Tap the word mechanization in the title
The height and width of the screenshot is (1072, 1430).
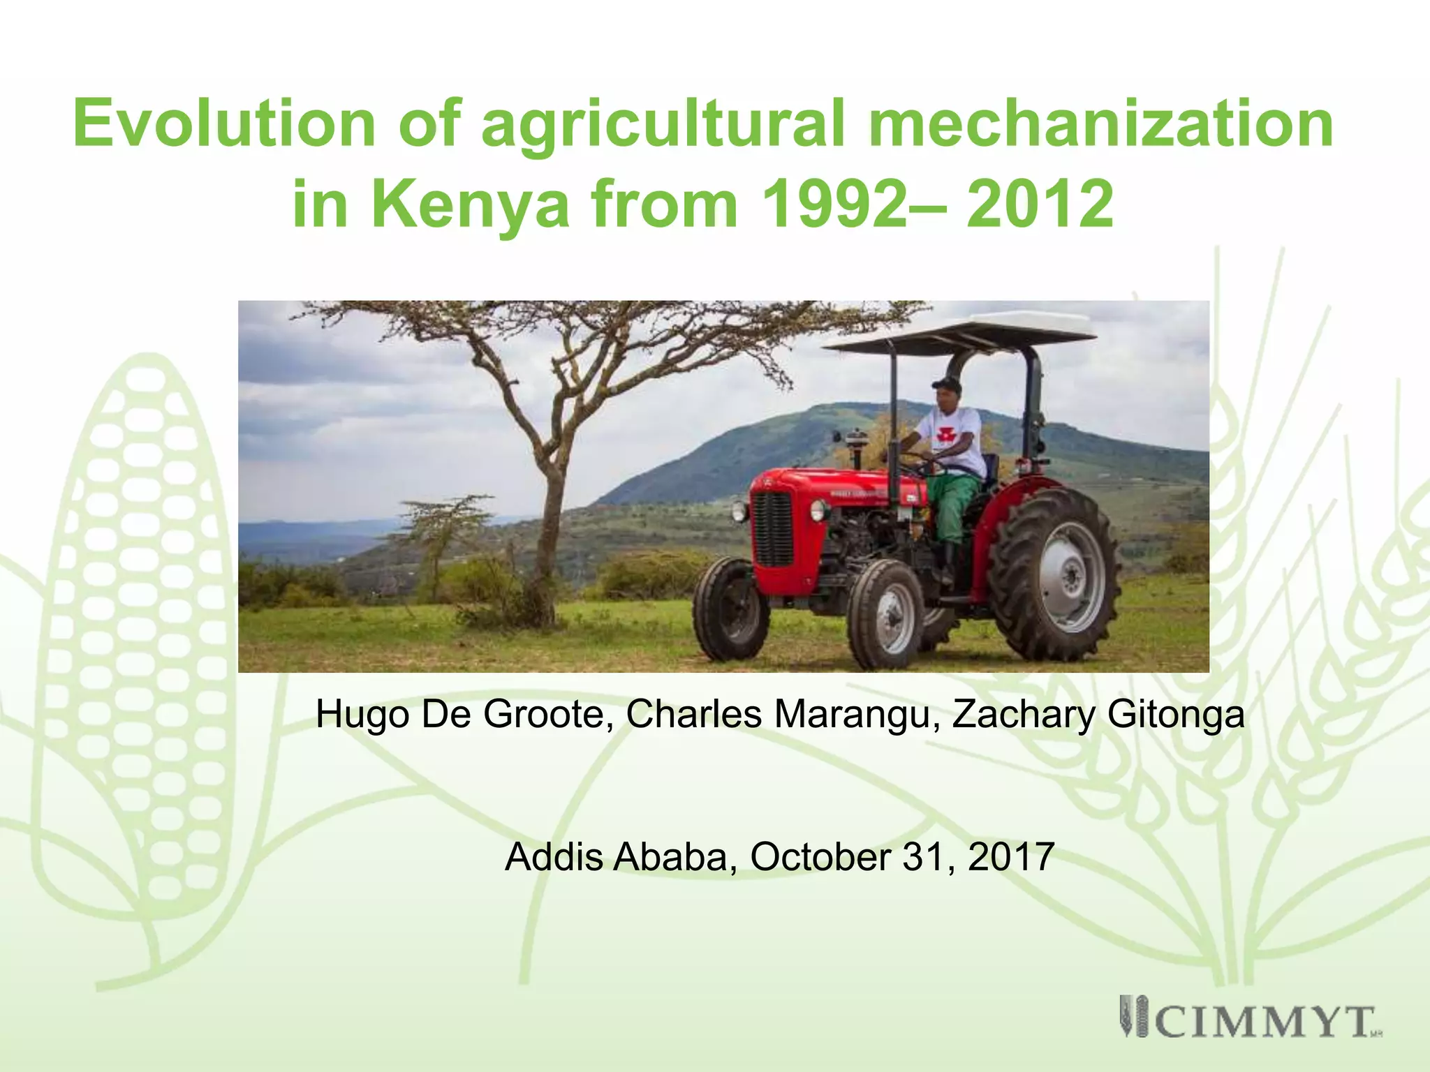(x=1100, y=124)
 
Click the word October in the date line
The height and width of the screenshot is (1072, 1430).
(x=820, y=857)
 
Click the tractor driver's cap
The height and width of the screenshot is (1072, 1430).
(x=945, y=385)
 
